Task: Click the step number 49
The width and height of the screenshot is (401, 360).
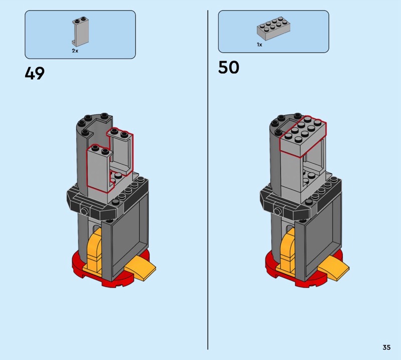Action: coord(35,73)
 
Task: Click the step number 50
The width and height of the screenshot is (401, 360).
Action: coord(229,67)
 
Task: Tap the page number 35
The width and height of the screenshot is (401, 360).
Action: coord(386,347)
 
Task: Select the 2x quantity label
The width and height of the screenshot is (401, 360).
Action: coord(75,51)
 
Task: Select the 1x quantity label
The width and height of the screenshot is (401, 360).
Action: coord(260,45)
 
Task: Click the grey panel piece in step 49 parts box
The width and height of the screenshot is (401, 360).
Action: coord(80,32)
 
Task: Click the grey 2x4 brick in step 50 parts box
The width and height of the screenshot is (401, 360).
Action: coord(273,29)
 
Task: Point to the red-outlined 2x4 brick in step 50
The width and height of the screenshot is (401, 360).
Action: coord(303,136)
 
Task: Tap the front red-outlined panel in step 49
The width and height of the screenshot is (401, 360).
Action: coord(99,168)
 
